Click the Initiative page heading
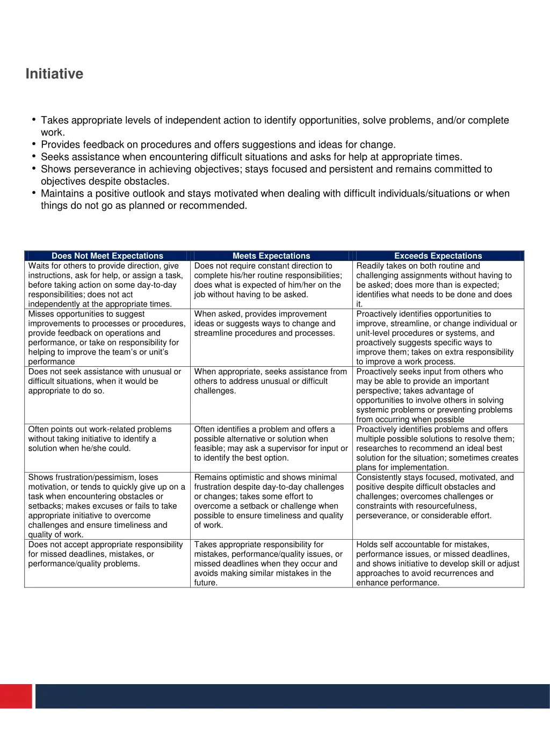(54, 74)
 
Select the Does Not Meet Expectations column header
(107, 256)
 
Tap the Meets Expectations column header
(271, 256)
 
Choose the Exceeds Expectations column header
(438, 256)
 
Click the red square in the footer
(16, 696)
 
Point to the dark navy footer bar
(292, 696)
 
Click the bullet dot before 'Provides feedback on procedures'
(34, 143)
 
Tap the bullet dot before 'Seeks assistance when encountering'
(34, 156)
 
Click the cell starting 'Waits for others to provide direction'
(106, 285)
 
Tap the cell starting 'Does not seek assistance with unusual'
(106, 381)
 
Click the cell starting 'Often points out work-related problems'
(106, 439)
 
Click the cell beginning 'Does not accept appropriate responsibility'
(106, 554)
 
